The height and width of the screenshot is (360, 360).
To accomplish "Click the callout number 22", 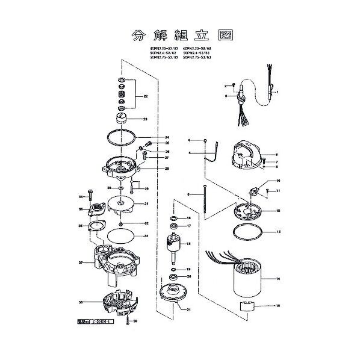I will pyautogui.click(x=144, y=96).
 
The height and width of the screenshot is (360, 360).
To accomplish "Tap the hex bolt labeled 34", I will pyautogui.click(x=89, y=195).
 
